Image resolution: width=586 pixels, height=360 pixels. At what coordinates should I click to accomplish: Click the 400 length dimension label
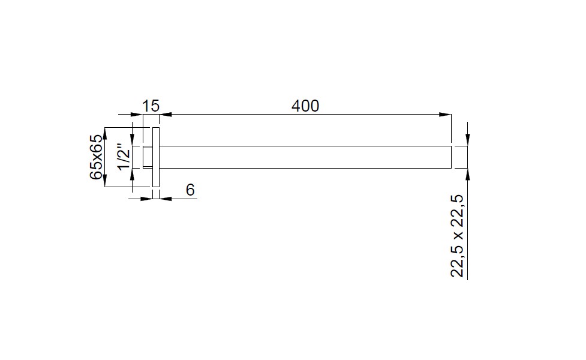pos(305,106)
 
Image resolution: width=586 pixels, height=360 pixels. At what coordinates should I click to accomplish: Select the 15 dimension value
pos(151,106)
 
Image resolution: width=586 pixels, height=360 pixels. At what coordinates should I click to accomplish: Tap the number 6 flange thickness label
pos(190,190)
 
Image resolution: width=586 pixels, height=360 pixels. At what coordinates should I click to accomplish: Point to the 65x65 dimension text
pos(96,157)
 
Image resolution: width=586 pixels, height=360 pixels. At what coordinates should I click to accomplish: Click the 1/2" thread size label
pos(124,156)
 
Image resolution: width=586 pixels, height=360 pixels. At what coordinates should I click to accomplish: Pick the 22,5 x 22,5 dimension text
pos(457,236)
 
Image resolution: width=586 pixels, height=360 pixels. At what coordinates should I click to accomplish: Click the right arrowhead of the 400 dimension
pos(445,115)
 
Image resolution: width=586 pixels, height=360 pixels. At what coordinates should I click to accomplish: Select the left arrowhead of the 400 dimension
pos(166,115)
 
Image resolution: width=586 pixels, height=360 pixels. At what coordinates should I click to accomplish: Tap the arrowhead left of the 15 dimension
pos(137,115)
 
